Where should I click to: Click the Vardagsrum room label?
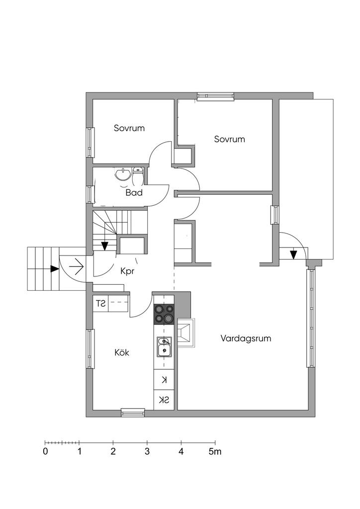click(x=246, y=339)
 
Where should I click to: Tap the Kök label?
click(x=122, y=352)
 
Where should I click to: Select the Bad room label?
click(x=134, y=192)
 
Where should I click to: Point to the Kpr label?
click(x=128, y=271)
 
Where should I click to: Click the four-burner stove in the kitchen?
click(x=164, y=314)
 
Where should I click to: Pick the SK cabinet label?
click(x=164, y=400)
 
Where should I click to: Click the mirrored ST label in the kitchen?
click(x=100, y=303)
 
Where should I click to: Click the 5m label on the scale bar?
click(x=215, y=452)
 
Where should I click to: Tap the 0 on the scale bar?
click(x=45, y=452)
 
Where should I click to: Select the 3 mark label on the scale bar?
click(x=147, y=452)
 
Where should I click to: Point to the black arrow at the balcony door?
click(x=293, y=254)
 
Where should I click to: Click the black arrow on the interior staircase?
click(x=105, y=246)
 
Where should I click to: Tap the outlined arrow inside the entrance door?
click(x=76, y=268)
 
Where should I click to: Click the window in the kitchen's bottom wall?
click(x=133, y=413)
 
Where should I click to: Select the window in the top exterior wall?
click(x=215, y=96)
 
